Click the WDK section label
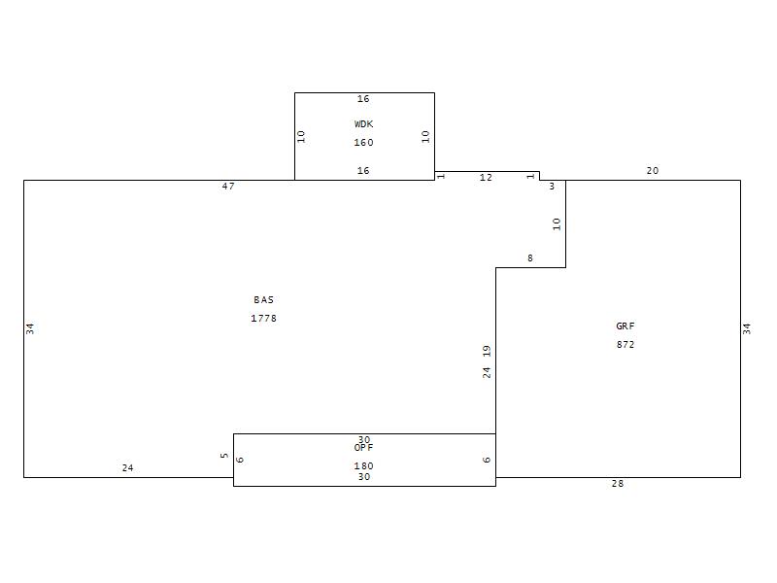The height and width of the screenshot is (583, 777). (363, 124)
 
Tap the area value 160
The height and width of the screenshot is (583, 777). (363, 143)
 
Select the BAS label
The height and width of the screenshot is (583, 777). (263, 300)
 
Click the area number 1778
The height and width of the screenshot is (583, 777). (263, 319)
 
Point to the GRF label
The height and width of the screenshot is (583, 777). (625, 326)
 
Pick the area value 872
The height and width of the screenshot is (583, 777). (625, 345)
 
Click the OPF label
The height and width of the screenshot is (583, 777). (363, 448)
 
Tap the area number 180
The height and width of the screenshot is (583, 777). (363, 466)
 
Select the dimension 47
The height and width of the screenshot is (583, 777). (228, 187)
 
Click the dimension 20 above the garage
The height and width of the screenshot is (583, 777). (653, 171)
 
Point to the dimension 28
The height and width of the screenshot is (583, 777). (618, 484)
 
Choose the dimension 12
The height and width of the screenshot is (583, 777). (487, 178)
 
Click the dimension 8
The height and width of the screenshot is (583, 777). (530, 258)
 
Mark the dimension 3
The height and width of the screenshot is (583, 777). (552, 187)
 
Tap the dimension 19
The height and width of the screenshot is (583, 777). (487, 351)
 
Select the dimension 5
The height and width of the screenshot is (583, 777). (224, 455)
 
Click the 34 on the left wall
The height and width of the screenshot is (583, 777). (30, 328)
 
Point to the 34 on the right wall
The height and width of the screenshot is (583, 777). (747, 328)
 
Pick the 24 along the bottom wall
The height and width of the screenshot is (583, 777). (128, 468)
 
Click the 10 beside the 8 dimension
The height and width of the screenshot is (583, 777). (557, 224)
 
